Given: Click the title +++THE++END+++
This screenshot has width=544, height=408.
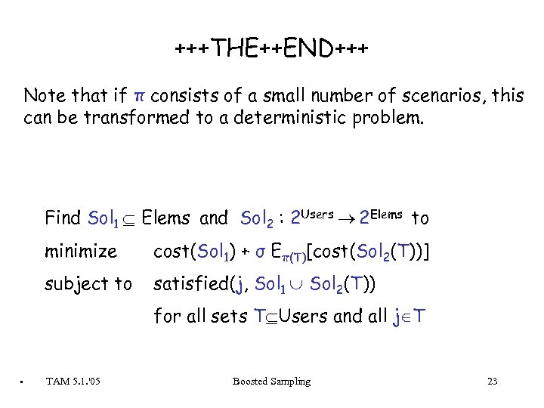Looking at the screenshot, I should pos(272,51).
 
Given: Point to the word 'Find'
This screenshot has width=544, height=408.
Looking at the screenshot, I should pos(63,218).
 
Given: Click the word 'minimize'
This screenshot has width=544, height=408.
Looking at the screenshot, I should pos(81,251).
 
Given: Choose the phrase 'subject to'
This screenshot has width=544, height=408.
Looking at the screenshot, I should pos(88,285).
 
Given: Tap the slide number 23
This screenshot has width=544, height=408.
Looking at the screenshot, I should pos(492,382).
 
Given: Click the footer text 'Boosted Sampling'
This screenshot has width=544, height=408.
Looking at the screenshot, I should pos(271,382).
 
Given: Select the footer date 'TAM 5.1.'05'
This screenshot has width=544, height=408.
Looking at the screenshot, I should pos(73,382).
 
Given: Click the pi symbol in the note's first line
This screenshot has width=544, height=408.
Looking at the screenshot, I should pos(138,97).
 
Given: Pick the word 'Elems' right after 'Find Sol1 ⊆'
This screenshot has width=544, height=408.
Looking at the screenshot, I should pos(165,218).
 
